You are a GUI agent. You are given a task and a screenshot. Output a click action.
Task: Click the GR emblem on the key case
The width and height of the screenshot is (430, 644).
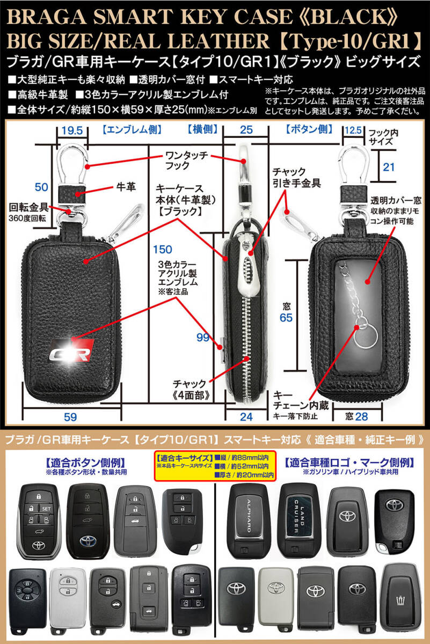coord(72,350)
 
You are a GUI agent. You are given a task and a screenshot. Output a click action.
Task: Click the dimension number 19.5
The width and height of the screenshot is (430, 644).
coord(72,131)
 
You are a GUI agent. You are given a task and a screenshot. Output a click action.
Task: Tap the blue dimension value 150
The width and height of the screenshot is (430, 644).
coord(163,249)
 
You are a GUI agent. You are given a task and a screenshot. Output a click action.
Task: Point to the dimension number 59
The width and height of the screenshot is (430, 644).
coord(70,417)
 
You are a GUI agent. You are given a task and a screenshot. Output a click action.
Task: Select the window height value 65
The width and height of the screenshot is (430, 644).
coord(286,318)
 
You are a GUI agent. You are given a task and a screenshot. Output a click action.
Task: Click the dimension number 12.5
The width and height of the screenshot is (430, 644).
coord(353,130)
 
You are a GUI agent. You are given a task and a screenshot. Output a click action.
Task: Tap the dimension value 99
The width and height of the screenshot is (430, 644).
coord(203,338)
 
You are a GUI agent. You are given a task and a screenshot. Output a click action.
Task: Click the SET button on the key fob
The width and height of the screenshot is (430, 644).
coord(46,509)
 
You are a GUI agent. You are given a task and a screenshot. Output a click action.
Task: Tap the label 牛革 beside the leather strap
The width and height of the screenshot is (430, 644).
coord(126,187)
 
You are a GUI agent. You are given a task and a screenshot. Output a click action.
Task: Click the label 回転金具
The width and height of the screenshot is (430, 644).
coord(28,208)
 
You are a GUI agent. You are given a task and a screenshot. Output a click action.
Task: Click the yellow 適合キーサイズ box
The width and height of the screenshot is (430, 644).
coord(215,466)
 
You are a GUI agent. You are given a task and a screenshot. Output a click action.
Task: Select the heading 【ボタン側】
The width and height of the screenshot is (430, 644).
coord(309,130)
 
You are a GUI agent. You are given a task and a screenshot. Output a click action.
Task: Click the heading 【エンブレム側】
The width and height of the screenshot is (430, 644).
coord(132,130)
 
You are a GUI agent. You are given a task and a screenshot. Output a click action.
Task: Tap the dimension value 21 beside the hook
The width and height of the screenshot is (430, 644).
coord(389,167)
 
